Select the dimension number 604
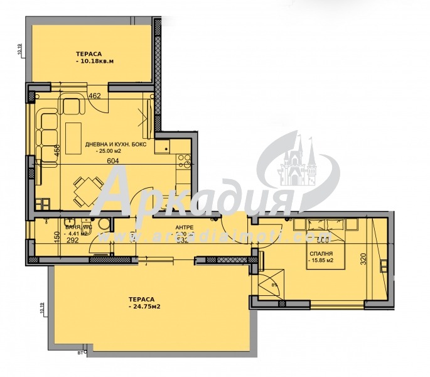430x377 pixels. pyautogui.click(x=113, y=161)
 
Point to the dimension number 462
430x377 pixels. pyautogui.click(x=94, y=97)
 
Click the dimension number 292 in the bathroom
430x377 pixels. pyautogui.click(x=73, y=239)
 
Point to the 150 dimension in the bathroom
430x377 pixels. pyautogui.click(x=56, y=237)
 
